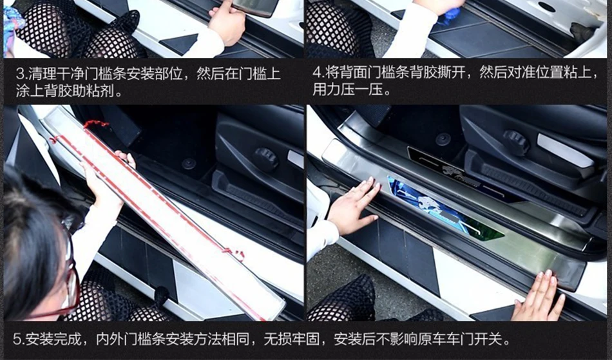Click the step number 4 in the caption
coord(316,73)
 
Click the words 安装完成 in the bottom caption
coord(53,339)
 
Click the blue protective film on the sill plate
coord(445,209)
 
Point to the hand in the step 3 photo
coord(226,21)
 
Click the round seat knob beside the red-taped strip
coord(266,159)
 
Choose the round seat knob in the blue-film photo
coord(516,142)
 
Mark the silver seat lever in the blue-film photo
coord(565,151)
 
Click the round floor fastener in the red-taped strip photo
coord(189,164)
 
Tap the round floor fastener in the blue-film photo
coord(443,139)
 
